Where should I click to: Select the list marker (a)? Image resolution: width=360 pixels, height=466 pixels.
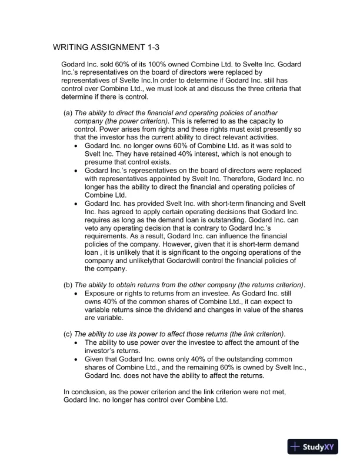click(68, 112)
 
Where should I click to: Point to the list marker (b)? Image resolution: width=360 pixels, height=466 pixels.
click(68, 285)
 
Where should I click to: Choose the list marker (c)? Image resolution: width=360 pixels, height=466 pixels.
click(68, 334)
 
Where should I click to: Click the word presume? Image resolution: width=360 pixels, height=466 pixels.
click(101, 162)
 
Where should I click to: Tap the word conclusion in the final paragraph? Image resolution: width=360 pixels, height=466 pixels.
click(87, 392)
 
